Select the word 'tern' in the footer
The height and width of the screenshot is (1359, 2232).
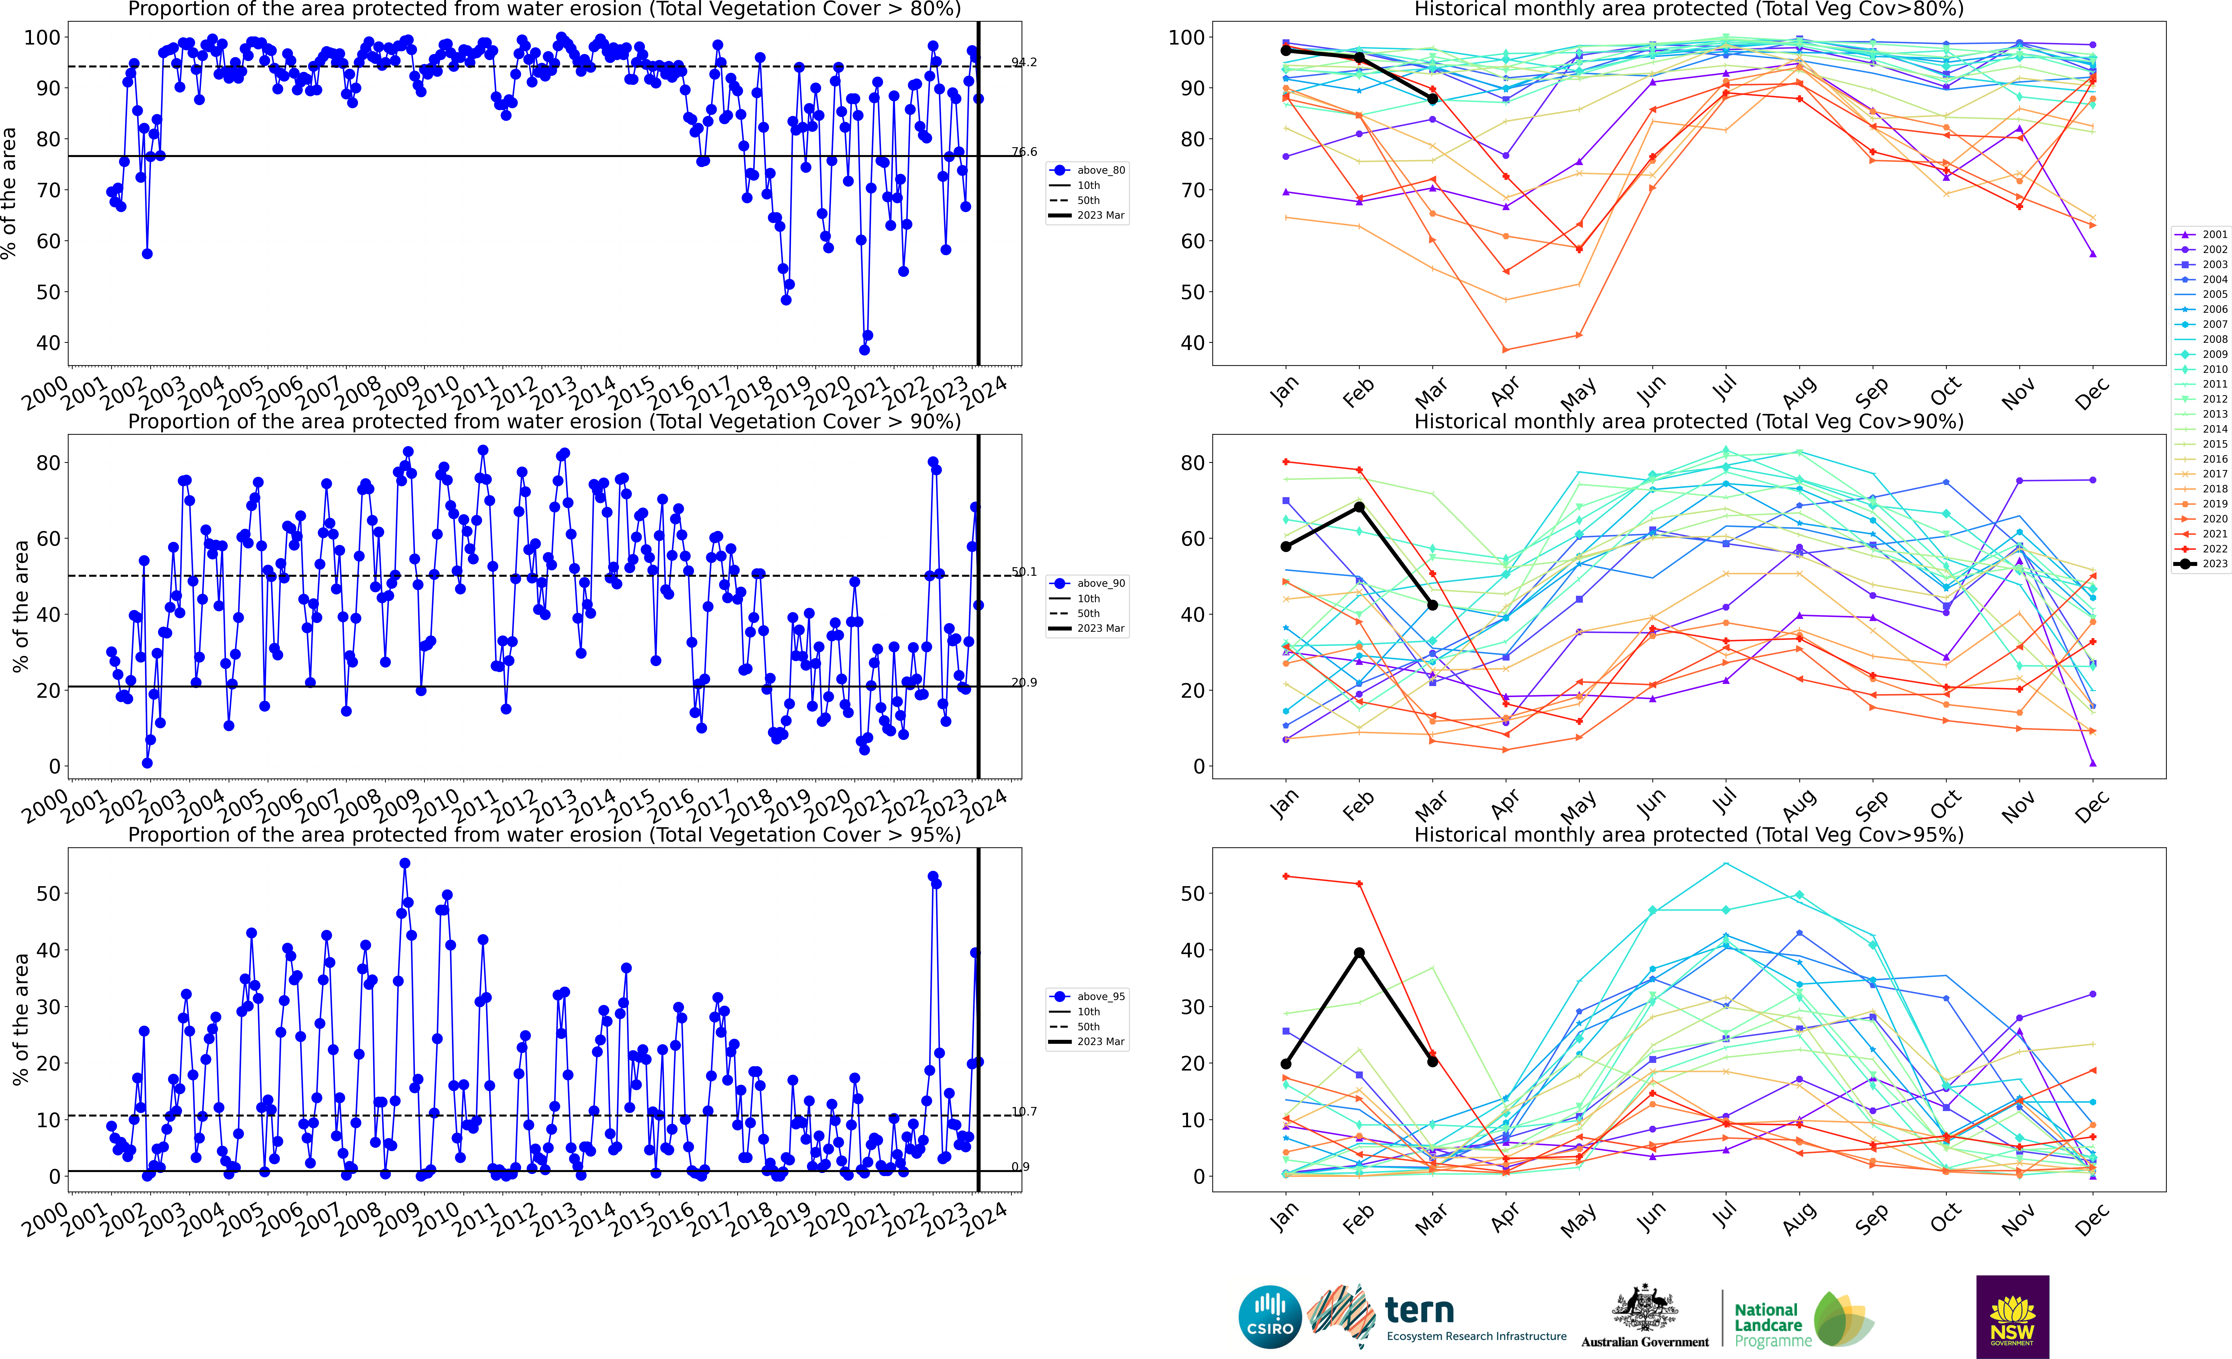[1419, 1310]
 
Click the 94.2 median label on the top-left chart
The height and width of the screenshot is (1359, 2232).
[1024, 62]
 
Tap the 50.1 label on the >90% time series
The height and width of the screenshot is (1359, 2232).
[1024, 572]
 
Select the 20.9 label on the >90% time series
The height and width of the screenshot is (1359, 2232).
[1024, 682]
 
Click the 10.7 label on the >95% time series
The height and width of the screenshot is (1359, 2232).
[1024, 1112]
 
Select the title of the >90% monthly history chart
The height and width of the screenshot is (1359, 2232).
[1689, 421]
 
